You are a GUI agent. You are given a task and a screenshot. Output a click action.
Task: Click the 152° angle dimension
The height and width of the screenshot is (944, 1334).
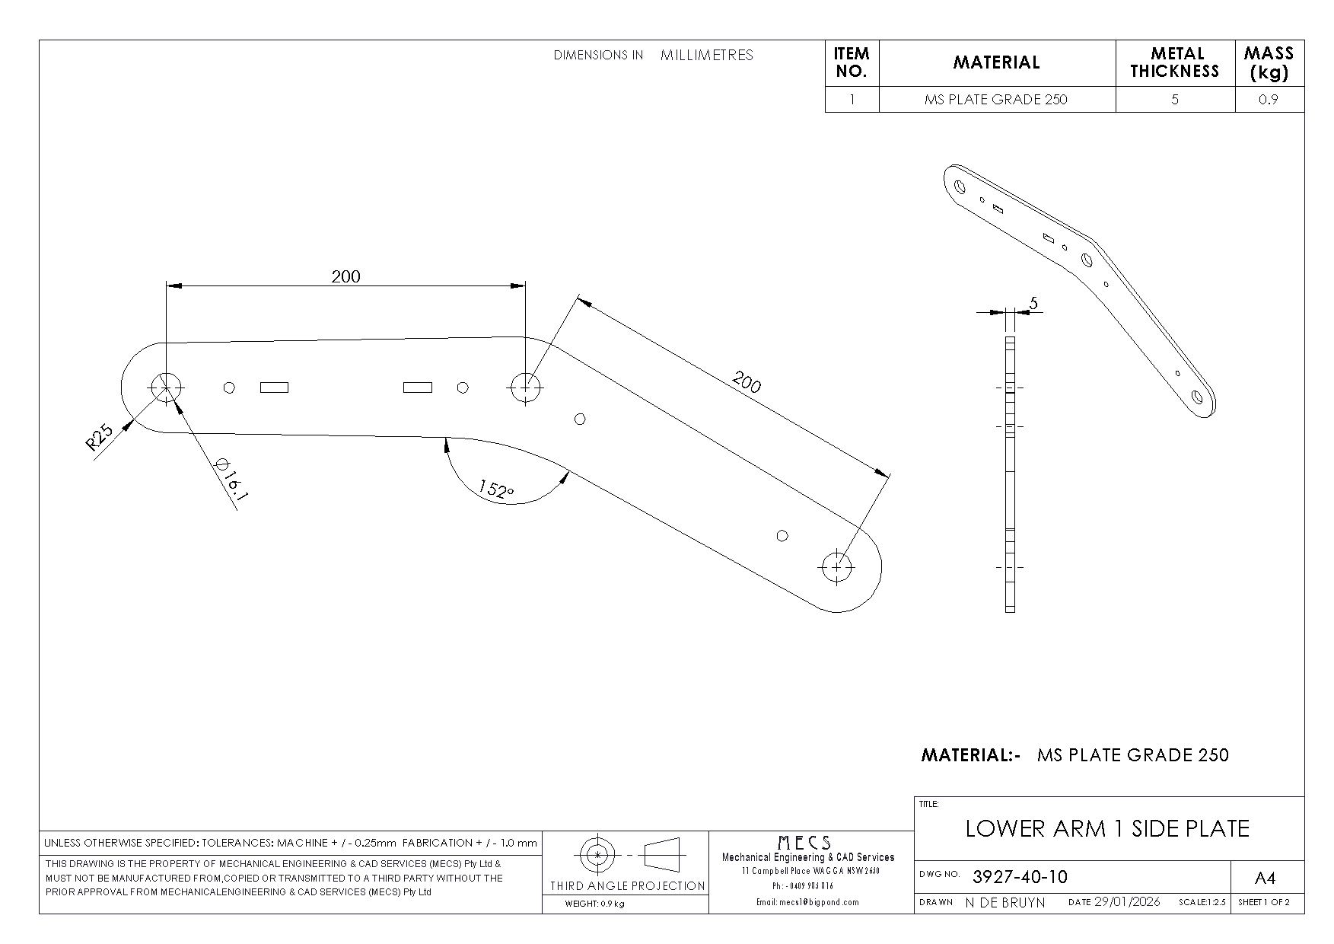click(x=496, y=490)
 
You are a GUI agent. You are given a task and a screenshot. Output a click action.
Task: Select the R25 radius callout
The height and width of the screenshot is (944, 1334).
click(x=100, y=439)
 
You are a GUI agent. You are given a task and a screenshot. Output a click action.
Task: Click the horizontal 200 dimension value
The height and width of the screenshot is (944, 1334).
click(x=345, y=276)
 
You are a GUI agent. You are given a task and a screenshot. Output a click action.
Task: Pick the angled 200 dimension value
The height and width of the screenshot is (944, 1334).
click(x=746, y=381)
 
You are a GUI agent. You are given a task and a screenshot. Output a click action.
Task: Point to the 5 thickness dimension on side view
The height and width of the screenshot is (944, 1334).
click(x=1033, y=303)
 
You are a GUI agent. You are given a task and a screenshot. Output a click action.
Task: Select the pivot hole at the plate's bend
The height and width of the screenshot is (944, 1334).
click(x=524, y=387)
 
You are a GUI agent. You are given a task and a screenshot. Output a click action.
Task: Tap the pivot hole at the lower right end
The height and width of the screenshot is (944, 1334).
click(x=837, y=566)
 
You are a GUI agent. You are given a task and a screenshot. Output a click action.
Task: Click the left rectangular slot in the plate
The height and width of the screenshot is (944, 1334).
click(x=274, y=387)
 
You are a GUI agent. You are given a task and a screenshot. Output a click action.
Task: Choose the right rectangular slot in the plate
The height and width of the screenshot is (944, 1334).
click(x=417, y=387)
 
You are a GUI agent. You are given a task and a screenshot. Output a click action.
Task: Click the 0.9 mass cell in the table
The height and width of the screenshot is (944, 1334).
click(x=1269, y=100)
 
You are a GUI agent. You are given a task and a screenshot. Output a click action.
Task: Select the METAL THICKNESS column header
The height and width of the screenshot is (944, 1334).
click(x=1175, y=62)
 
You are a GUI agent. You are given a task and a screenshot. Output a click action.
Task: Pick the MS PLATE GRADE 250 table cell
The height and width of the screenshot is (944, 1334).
click(x=996, y=100)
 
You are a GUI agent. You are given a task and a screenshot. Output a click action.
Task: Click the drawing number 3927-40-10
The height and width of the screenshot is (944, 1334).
click(x=1020, y=877)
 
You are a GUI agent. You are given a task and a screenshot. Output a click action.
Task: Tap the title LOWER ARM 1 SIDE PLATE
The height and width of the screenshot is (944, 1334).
click(x=1107, y=829)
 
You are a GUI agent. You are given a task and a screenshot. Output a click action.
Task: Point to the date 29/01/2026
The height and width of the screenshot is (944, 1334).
click(x=1127, y=902)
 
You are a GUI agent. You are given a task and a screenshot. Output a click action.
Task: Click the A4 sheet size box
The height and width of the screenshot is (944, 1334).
click(x=1264, y=879)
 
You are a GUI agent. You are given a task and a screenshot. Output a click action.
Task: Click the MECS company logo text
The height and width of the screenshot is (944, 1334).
click(x=804, y=843)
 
